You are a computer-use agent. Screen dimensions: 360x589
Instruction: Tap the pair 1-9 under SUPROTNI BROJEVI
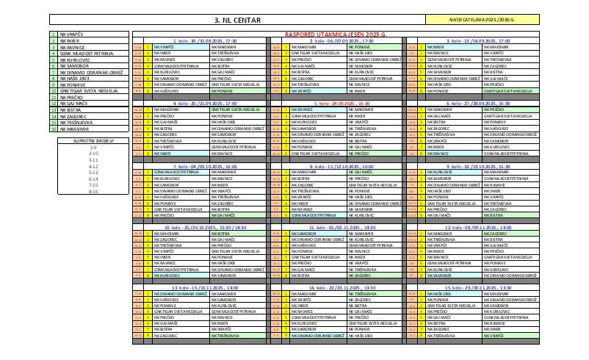93,145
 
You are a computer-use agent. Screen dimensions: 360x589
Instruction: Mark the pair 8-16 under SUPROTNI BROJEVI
93,190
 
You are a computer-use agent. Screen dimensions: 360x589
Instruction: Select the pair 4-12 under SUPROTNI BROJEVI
93,165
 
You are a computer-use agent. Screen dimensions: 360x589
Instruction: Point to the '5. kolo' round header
338,104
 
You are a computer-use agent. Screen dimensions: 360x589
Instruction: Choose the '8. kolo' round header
338,166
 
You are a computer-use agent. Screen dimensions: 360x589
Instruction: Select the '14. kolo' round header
338,288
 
